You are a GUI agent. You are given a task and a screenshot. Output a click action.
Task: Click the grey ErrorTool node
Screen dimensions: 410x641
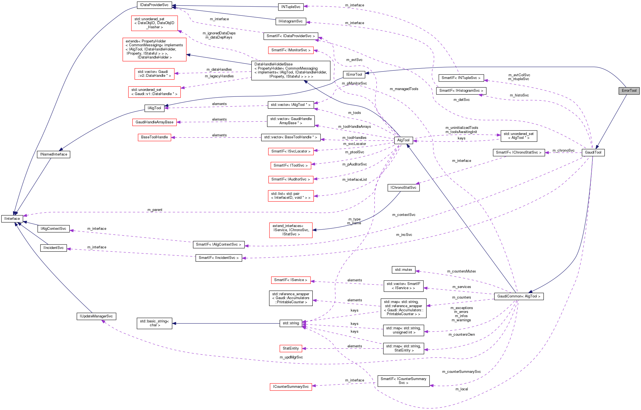[x=629, y=91]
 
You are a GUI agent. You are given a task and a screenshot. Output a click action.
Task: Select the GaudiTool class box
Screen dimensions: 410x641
[x=593, y=152]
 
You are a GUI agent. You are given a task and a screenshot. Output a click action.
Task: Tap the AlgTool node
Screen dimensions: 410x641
[x=403, y=140]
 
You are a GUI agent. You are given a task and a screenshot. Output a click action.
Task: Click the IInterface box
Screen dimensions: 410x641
[x=12, y=219]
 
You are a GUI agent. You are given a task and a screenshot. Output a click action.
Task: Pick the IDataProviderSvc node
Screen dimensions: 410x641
[x=154, y=5]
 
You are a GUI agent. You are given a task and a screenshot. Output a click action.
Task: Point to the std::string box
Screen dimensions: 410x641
[x=291, y=323]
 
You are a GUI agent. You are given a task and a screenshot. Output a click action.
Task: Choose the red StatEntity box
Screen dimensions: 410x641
[x=291, y=348]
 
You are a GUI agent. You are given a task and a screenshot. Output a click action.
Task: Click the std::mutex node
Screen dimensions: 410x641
[x=403, y=270]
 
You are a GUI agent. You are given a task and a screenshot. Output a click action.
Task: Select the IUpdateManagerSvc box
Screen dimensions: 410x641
[x=96, y=316]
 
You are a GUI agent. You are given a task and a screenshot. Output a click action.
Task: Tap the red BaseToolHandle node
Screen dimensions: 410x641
[x=154, y=137]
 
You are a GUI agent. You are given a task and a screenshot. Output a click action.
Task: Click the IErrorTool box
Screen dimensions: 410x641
[x=354, y=75]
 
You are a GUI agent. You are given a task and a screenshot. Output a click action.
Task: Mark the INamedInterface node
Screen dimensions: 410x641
[x=54, y=154]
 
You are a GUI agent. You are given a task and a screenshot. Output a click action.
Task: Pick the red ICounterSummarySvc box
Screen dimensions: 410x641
[x=291, y=387]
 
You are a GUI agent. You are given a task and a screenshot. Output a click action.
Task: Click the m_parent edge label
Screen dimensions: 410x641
[x=155, y=210]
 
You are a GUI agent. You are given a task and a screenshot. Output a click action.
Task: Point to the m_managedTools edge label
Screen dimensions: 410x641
[x=404, y=89]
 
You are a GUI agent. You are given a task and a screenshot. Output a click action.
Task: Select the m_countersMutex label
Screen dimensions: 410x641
[x=461, y=271]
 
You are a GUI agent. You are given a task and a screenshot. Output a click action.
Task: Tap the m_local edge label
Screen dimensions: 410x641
[x=462, y=389]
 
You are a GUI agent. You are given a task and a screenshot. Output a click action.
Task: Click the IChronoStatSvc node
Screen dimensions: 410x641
[x=403, y=188]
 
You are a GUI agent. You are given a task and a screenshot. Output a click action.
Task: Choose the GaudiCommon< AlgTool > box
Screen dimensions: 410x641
[x=519, y=296]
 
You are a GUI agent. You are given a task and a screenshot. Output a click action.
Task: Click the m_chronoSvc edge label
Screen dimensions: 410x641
[x=563, y=151]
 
